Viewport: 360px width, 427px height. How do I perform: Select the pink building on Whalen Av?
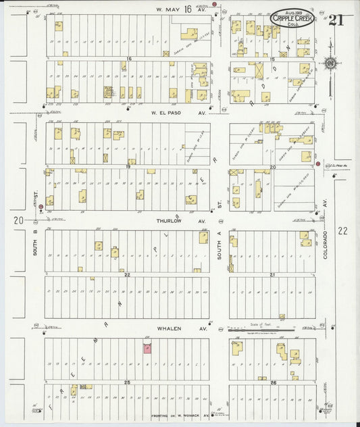tap(147, 347)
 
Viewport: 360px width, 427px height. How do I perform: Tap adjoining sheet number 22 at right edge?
tap(342, 230)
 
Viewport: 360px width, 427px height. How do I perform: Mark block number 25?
tap(126, 382)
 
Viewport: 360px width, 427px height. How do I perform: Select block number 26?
tap(273, 382)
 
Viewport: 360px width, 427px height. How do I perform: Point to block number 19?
tap(126, 166)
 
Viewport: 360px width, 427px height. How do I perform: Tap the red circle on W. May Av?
tap(215, 5)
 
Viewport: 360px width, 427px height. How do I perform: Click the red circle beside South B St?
tap(41, 207)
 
